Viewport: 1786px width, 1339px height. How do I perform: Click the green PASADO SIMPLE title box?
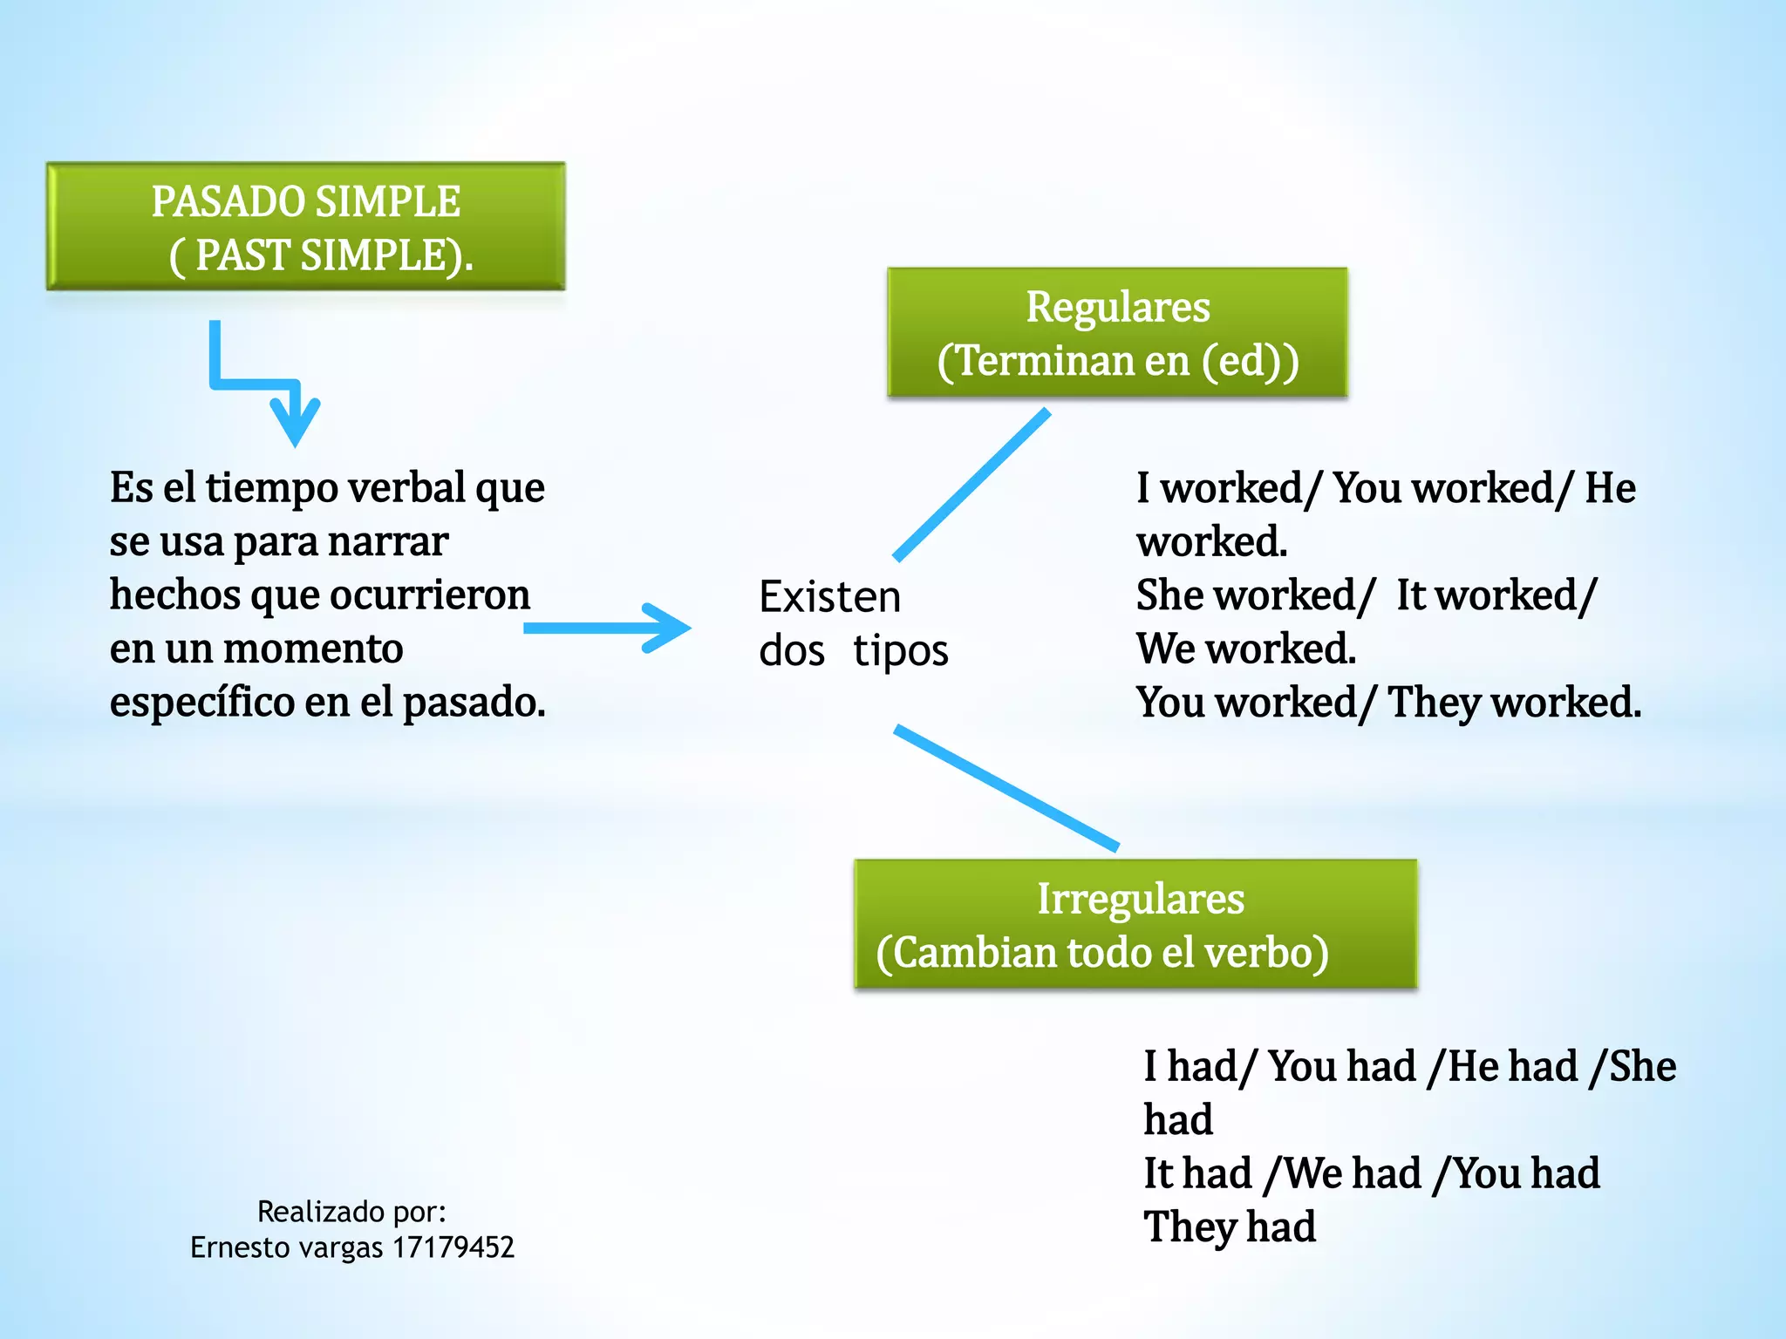coord(305,227)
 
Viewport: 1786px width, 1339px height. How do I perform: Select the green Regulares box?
coord(1117,333)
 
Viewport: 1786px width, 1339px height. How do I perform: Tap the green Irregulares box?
coord(1135,924)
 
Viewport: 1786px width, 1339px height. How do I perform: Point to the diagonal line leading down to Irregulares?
coord(1006,787)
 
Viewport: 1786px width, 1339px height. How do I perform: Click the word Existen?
coord(829,598)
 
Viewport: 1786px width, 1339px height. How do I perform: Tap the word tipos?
coord(900,652)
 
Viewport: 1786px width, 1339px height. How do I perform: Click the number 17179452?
coord(453,1247)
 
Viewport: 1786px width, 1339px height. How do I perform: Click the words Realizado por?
coord(351,1212)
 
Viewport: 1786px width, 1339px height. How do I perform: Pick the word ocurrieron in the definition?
coord(429,595)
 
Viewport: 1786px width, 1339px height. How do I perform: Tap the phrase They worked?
coord(1514,703)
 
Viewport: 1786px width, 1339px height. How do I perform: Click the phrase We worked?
coord(1245,649)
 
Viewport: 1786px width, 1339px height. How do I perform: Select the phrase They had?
coord(1230,1227)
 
